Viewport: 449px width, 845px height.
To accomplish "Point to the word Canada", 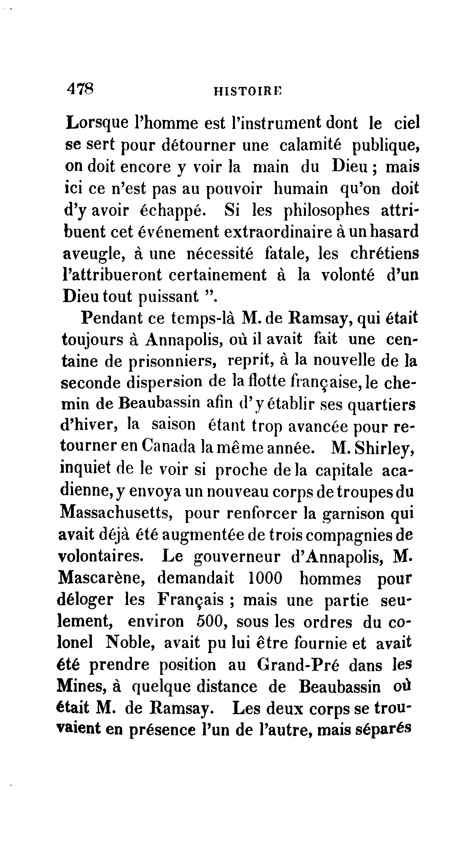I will tap(169, 447).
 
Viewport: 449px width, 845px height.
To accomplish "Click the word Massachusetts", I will tap(117, 512).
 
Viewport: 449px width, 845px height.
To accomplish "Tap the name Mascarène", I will tap(101, 578).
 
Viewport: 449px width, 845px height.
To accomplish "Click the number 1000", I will tap(265, 578).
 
